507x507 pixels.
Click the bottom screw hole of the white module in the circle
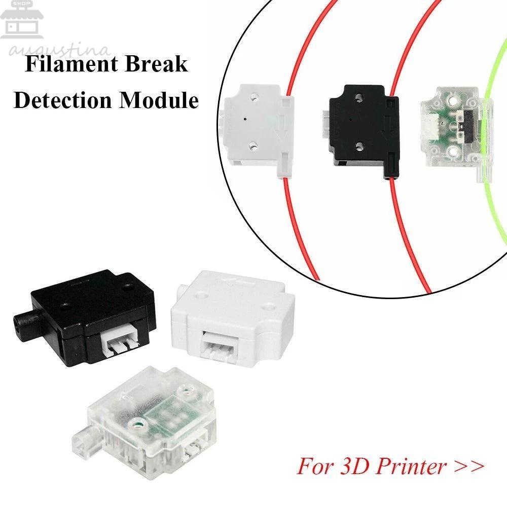click(x=252, y=147)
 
